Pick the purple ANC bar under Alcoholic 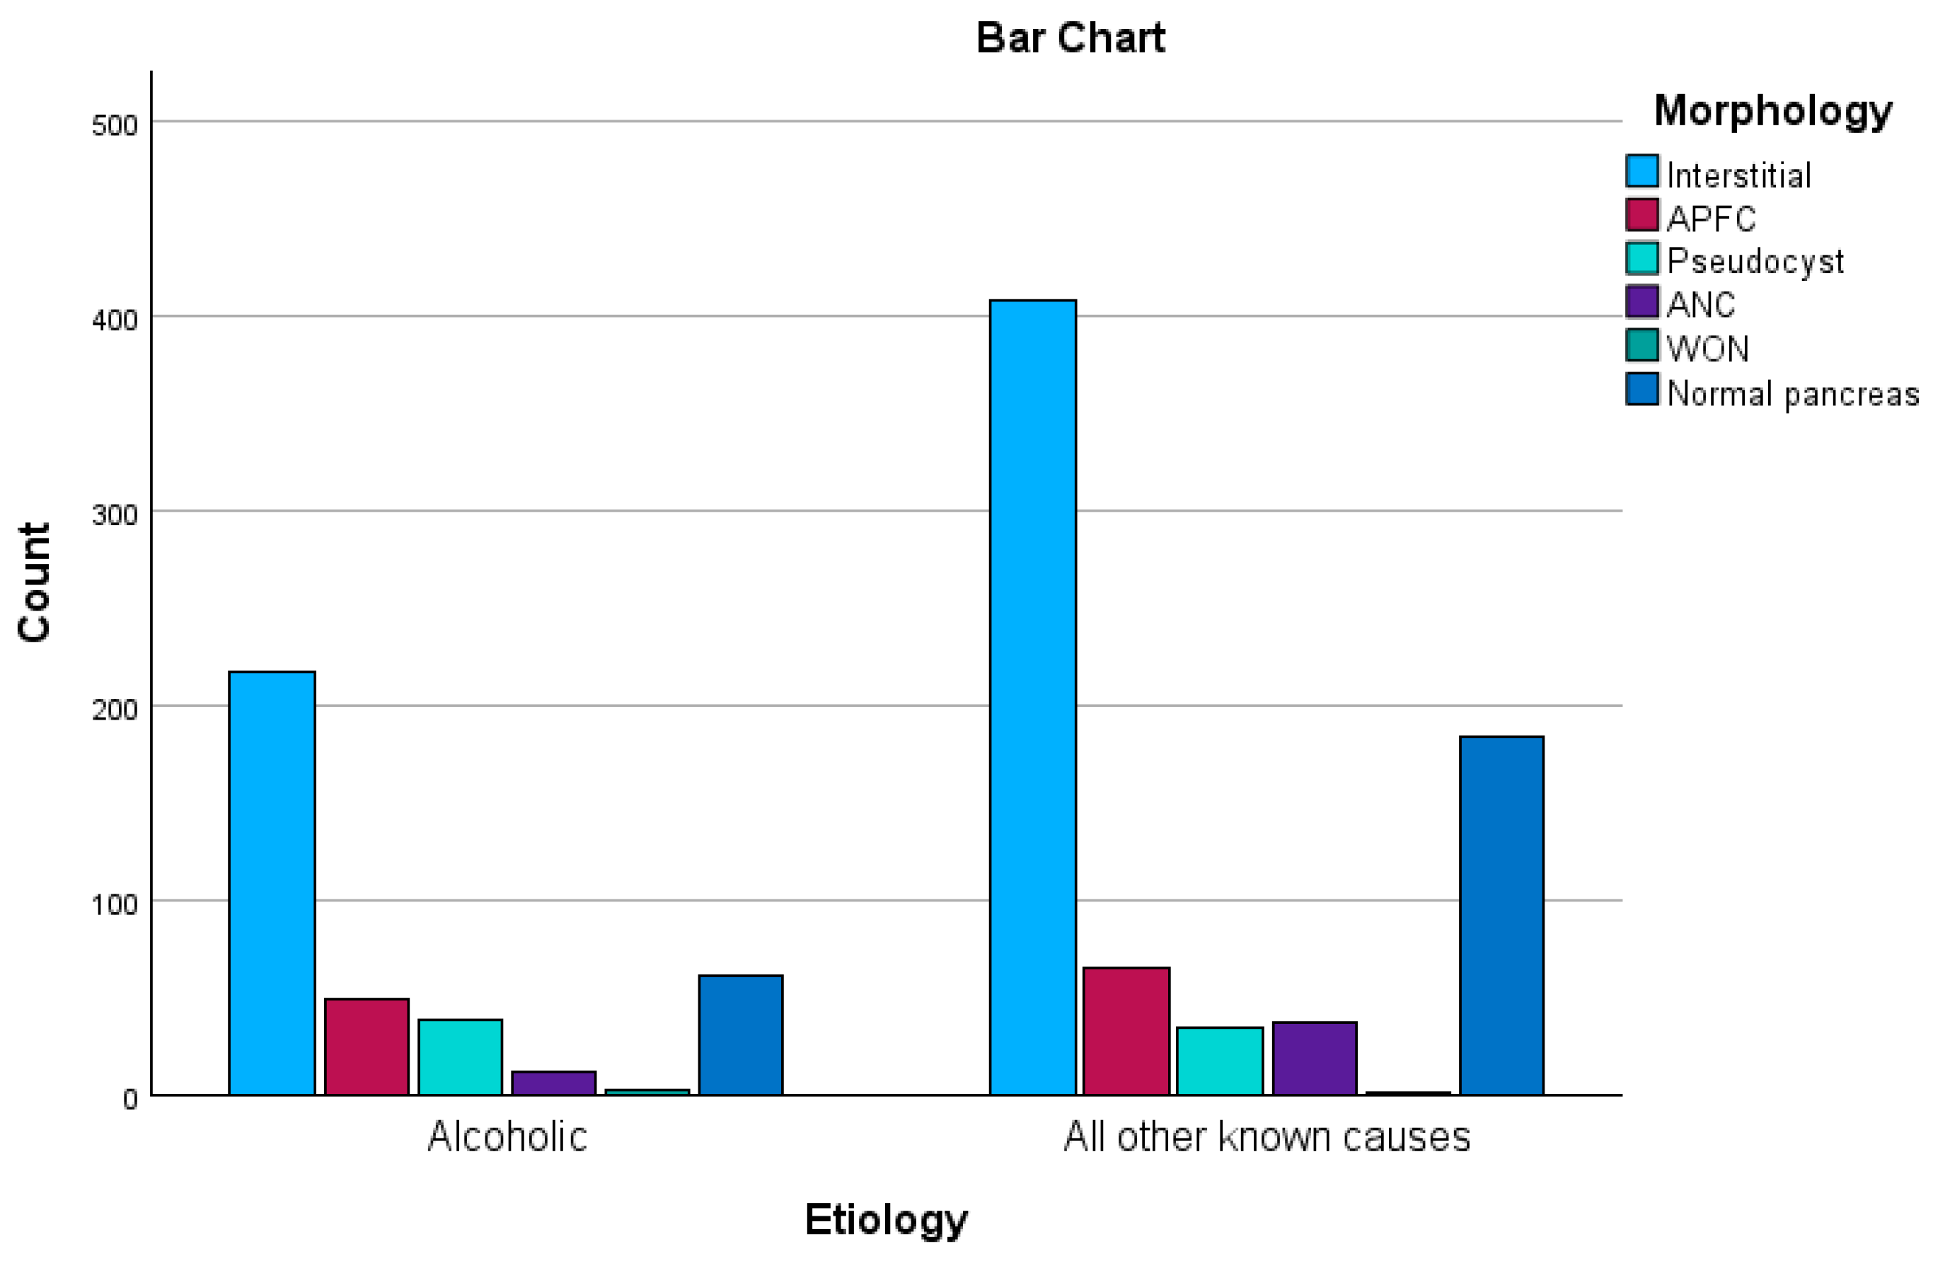[553, 1083]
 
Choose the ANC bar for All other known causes [1314, 1058]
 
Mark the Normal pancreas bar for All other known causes [1501, 916]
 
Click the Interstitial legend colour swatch [1641, 171]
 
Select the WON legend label [1707, 348]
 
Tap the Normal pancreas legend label [1792, 393]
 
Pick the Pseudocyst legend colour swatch [1641, 259]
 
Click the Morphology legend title [1772, 110]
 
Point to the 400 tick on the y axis [114, 319]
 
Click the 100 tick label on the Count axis [114, 904]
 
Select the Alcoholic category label [507, 1136]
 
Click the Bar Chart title [1070, 38]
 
